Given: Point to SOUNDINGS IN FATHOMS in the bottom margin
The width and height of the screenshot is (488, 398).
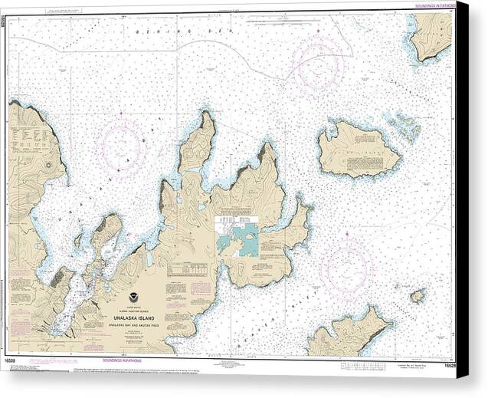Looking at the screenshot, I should (127, 360).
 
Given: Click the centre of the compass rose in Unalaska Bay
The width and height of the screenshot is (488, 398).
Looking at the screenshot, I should (120, 145).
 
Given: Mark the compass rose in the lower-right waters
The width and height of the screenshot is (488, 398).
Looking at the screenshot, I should (346, 268).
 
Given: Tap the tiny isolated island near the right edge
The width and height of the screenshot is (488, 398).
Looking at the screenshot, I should (417, 295).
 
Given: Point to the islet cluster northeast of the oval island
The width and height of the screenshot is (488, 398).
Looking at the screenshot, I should (403, 125).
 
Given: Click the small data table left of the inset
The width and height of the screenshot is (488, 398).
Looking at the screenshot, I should (187, 269).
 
